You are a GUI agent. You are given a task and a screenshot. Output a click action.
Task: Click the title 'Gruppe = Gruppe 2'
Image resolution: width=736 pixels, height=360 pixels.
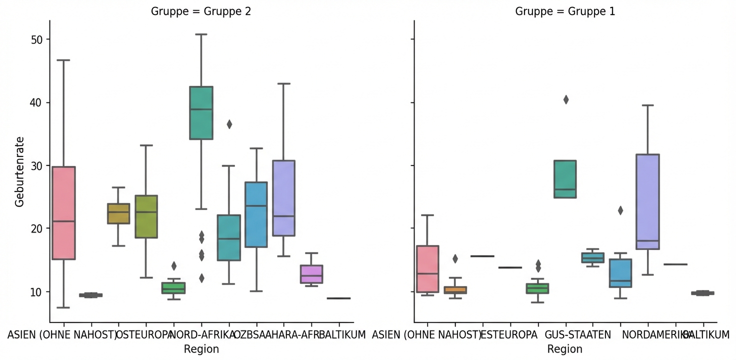[201, 12]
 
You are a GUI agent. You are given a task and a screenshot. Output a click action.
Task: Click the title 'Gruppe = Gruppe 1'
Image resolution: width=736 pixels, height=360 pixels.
[565, 12]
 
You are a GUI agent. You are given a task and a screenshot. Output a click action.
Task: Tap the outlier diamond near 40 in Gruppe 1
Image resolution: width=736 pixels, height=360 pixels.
[565, 100]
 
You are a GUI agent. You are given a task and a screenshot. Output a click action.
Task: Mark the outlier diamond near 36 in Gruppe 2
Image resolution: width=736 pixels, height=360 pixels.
[229, 124]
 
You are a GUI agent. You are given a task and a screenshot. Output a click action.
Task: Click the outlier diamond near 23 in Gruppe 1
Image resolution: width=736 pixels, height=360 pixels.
[620, 210]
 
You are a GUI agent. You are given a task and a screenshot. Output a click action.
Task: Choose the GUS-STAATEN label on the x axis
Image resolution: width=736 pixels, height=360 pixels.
[577, 334]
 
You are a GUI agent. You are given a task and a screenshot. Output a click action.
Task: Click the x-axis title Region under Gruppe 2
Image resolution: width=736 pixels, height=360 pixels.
[201, 349]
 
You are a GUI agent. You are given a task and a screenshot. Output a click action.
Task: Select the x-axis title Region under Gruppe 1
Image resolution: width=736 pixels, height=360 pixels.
[565, 349]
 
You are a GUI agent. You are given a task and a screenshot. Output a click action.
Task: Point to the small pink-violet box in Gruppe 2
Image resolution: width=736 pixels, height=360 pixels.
[311, 274]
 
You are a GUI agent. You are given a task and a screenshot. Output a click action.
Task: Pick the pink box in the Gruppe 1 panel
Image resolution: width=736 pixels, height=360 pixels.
[427, 268]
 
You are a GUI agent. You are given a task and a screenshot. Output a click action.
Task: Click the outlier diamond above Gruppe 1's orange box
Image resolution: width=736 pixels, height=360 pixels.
[455, 259]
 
